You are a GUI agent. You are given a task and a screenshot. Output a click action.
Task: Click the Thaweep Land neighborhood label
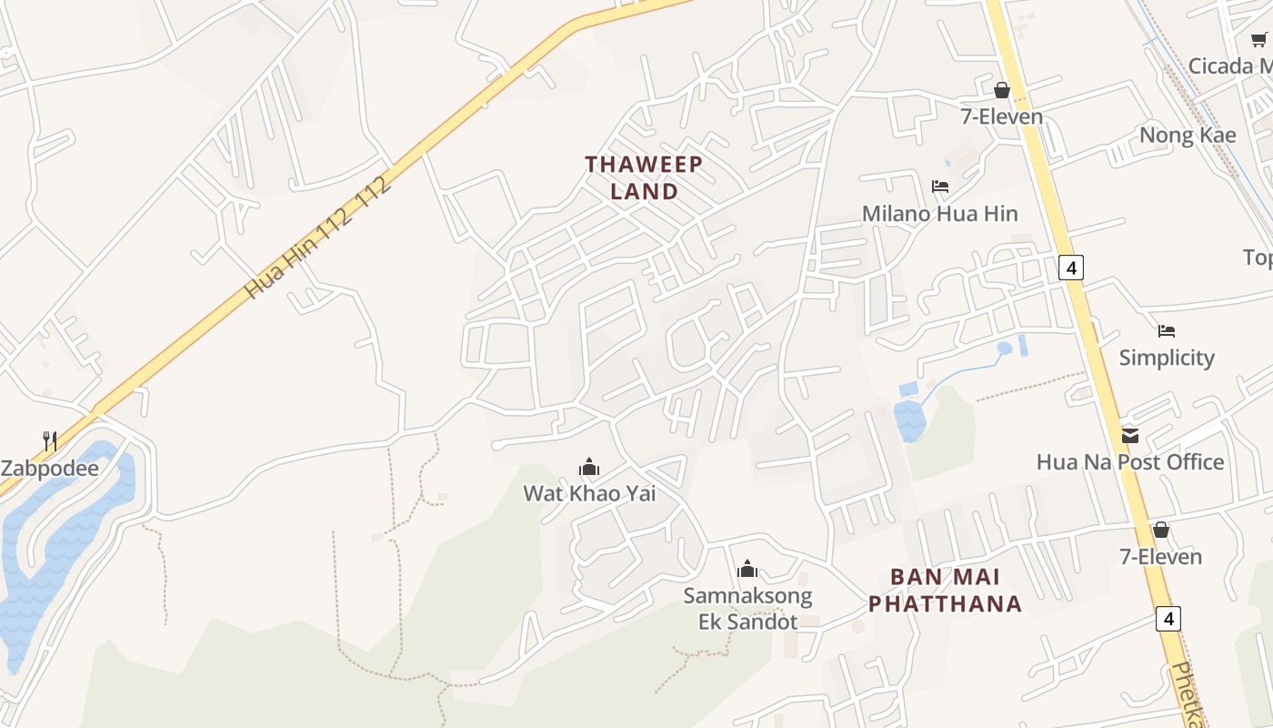pos(644,177)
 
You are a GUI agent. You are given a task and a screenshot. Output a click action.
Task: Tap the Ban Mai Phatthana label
pos(946,590)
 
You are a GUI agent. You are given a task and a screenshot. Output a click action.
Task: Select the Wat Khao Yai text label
pos(589,493)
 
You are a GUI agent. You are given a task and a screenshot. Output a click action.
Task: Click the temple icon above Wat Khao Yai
pos(589,468)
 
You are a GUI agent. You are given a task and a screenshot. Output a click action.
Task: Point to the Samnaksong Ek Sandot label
pos(747,609)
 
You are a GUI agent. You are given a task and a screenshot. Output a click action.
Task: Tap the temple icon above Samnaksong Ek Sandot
pos(747,570)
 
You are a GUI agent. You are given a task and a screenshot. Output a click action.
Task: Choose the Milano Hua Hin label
pos(940,214)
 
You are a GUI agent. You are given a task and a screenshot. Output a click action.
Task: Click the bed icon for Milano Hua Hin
pos(940,187)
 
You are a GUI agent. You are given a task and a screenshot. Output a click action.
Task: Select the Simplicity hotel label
pos(1167,358)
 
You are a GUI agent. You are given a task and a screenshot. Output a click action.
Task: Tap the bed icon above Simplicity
pos(1167,331)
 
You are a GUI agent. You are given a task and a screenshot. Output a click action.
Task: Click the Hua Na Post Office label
pos(1130,462)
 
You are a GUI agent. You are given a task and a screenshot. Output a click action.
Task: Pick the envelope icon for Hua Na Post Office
pos(1130,435)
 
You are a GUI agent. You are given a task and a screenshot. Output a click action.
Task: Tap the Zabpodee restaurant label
pos(49,469)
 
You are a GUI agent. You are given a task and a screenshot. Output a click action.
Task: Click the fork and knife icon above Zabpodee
pos(50,442)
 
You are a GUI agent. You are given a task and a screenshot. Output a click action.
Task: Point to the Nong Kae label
pos(1188,136)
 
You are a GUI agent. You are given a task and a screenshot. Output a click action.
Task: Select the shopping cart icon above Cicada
pos(1258,39)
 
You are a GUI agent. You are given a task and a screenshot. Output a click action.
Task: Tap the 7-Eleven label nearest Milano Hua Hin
pos(1002,116)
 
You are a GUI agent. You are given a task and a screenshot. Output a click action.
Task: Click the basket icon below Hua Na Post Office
pos(1161,530)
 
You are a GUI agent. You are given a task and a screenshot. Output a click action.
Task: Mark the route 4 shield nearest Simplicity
pos(1073,268)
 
